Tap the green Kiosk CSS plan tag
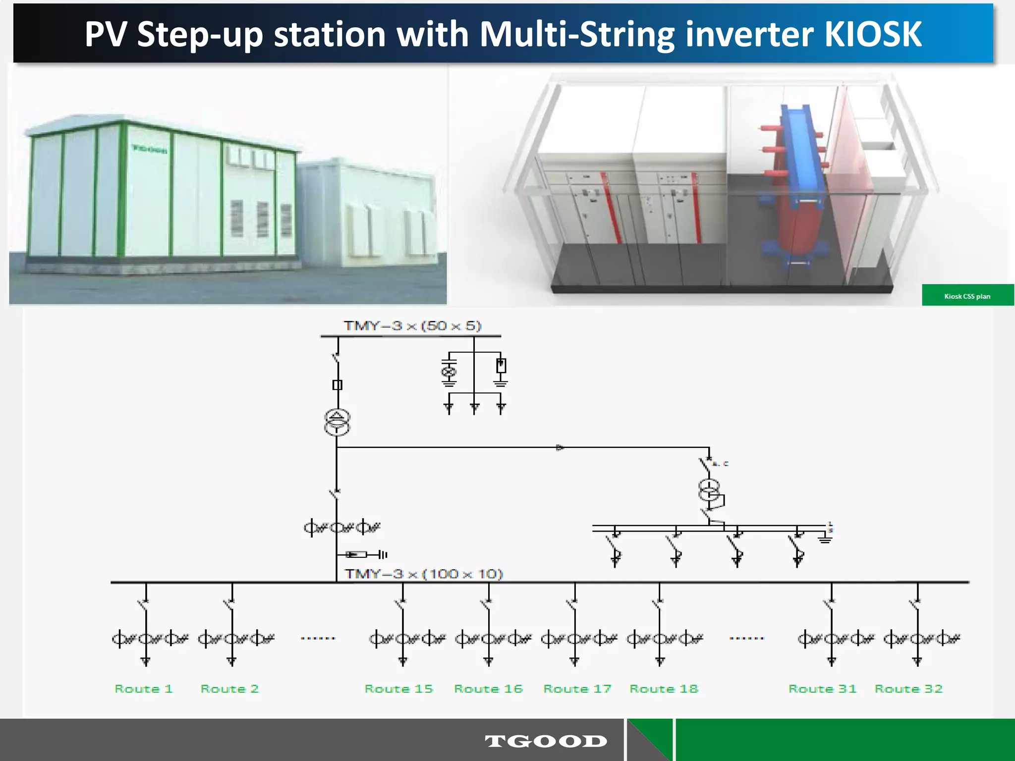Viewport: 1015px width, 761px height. click(967, 296)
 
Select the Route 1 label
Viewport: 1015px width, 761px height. click(143, 689)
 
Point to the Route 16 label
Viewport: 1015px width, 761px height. click(488, 689)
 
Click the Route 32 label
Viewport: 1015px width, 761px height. click(908, 689)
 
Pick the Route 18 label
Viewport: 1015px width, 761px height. click(664, 689)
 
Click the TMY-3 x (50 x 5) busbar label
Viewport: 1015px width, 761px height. click(412, 326)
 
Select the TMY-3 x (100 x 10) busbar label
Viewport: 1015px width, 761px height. click(424, 574)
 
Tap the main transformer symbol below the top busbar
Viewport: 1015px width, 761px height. click(337, 422)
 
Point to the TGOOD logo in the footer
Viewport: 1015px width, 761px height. click(546, 741)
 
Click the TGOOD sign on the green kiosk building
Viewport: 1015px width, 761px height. click(149, 149)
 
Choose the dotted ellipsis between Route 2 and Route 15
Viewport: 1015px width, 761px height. click(318, 638)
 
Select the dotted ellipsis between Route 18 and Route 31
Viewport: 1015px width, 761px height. click(747, 638)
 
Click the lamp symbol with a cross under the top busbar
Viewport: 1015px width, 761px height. click(449, 372)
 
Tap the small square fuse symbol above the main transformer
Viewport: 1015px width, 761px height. click(337, 384)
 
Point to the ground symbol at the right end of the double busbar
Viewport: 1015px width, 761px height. click(825, 539)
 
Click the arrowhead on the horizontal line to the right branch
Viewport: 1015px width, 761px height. click(560, 448)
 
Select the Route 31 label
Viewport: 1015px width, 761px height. click(822, 689)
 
